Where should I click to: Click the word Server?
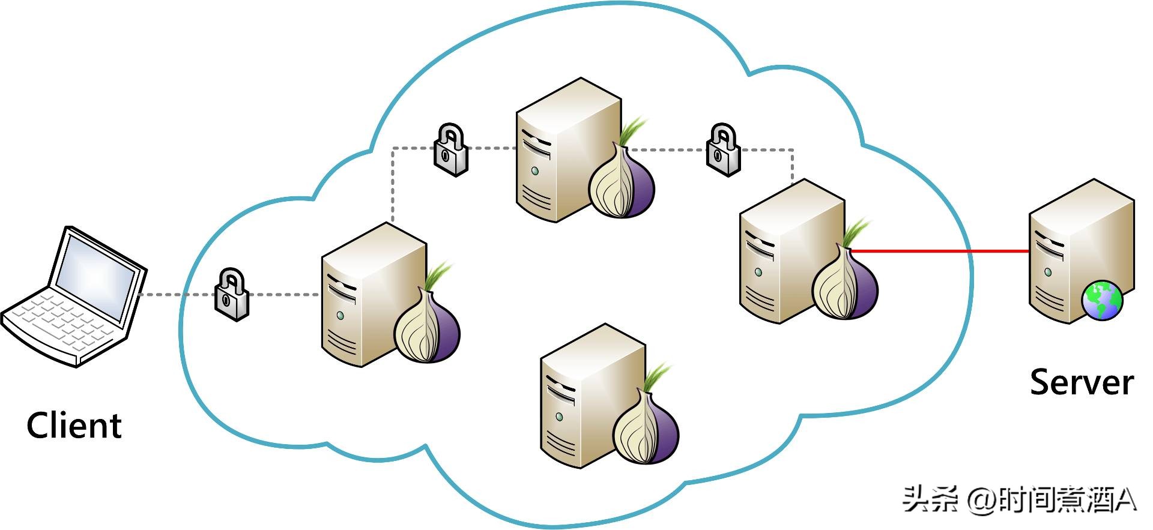point(1082,382)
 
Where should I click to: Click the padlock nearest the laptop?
point(232,295)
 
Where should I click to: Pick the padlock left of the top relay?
point(451,149)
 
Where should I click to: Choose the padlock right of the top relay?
point(723,149)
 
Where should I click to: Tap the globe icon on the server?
point(1102,300)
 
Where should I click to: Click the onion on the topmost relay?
point(621,179)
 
